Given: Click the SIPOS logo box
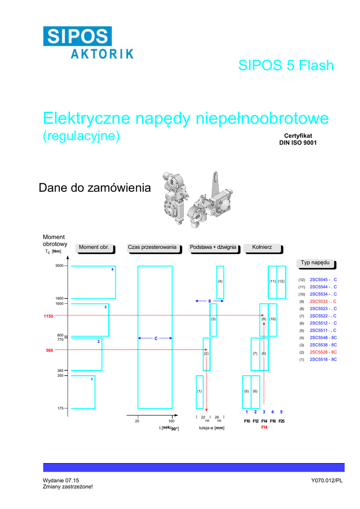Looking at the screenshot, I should [77, 36].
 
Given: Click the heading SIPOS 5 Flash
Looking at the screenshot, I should [285, 66].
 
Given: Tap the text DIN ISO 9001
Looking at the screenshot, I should [297, 143].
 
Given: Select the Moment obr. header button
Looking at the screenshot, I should [94, 248].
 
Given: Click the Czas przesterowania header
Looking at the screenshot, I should [152, 248].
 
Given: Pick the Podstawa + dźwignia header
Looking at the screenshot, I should [213, 248].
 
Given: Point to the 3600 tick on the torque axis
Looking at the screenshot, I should [59, 266].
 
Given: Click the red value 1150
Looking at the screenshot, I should [48, 316].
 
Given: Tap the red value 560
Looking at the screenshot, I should [49, 350].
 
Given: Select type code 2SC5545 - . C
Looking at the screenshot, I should [323, 280].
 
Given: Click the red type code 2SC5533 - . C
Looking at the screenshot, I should [323, 302].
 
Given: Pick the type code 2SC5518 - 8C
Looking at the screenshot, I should [323, 359].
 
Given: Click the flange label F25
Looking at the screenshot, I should [281, 422].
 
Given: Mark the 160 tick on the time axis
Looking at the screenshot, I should [172, 422].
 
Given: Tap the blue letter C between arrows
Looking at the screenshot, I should [156, 339].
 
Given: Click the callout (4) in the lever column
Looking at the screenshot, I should [220, 282].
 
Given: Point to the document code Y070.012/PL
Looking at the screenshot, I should [327, 480].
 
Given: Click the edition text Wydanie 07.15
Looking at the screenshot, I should [61, 480].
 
